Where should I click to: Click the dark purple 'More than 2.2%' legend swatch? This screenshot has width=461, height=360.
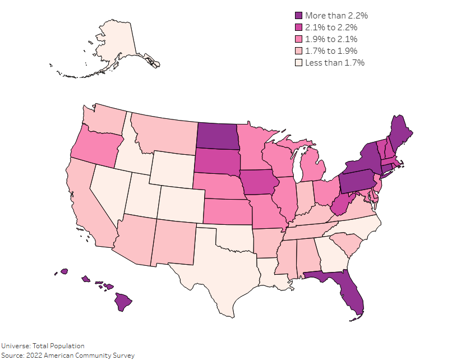(x=299, y=16)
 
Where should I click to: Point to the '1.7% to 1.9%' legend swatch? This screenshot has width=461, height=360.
(x=299, y=51)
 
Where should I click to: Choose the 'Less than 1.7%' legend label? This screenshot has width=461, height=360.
(x=335, y=63)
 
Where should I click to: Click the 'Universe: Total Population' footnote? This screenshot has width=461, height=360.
(x=43, y=346)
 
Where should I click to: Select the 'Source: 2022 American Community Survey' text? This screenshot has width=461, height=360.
(x=67, y=356)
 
